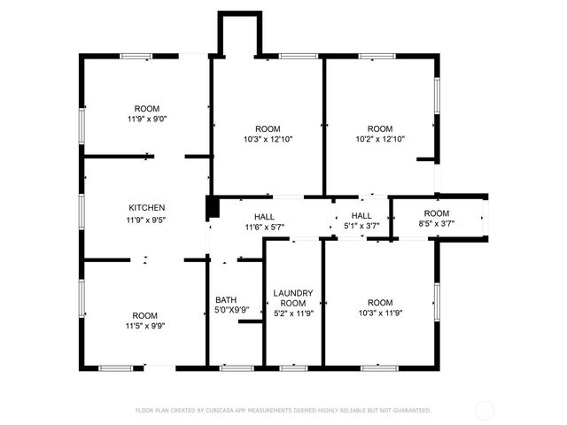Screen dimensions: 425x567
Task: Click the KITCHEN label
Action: tap(146, 208)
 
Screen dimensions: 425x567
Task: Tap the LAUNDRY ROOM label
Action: tap(293, 297)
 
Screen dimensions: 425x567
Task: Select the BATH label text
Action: tap(226, 299)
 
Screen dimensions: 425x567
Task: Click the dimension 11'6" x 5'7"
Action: tap(264, 228)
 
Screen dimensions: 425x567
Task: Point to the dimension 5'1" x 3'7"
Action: tap(361, 228)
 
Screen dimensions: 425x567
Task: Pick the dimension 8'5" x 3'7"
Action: tap(437, 225)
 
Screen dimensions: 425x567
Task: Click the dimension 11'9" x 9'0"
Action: tap(146, 119)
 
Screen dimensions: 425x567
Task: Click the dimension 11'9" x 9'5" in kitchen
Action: tap(146, 219)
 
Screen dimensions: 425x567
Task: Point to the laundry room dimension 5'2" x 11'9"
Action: tap(293, 313)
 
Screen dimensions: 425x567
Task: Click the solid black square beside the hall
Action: tap(212, 207)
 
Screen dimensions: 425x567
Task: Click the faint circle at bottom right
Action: tap(485, 410)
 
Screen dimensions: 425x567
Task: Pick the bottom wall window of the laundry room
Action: tap(293, 367)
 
